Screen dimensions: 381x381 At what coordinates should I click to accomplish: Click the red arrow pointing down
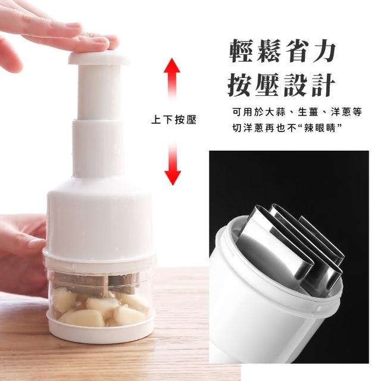point(172,164)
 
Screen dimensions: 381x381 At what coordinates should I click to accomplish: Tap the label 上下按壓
point(173,120)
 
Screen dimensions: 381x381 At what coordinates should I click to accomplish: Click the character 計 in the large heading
point(323,85)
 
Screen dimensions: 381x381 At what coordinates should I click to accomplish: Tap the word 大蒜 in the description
point(276,112)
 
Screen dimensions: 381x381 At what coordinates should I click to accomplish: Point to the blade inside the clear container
point(97,282)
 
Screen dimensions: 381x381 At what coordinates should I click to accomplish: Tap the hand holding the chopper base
point(22,252)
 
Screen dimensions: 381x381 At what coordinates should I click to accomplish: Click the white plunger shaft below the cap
point(99,92)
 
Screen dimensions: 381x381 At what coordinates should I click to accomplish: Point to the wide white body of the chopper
point(99,218)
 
